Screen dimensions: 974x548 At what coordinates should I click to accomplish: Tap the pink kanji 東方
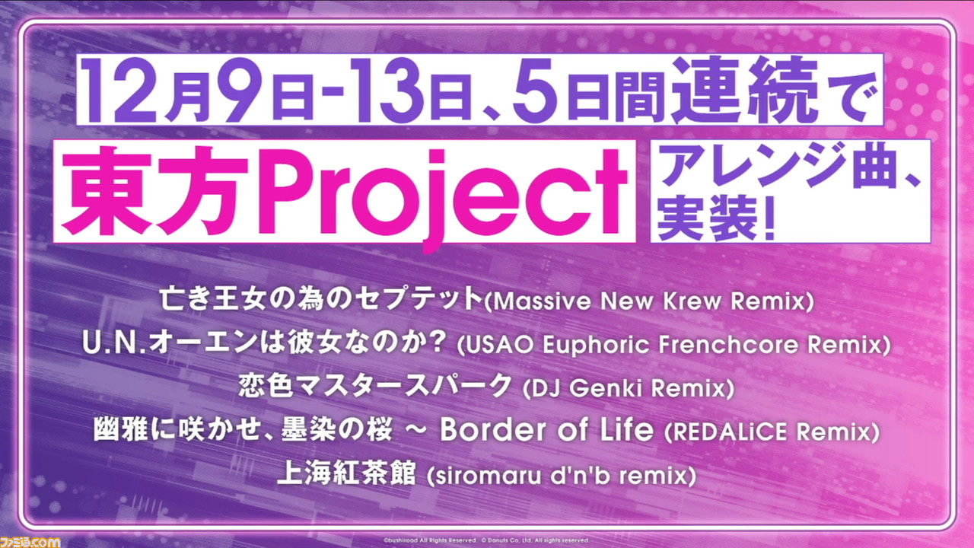(x=155, y=191)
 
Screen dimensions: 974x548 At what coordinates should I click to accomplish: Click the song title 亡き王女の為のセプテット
(x=321, y=299)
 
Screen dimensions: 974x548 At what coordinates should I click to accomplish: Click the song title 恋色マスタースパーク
(x=375, y=386)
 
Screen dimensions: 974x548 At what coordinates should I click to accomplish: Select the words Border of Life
(x=546, y=429)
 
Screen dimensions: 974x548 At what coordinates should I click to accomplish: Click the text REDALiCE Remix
(x=772, y=432)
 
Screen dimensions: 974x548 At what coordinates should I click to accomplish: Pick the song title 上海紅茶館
(x=346, y=473)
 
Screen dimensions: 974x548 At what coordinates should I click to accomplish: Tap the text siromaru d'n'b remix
(x=562, y=476)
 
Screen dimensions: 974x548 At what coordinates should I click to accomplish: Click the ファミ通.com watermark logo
(x=30, y=542)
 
